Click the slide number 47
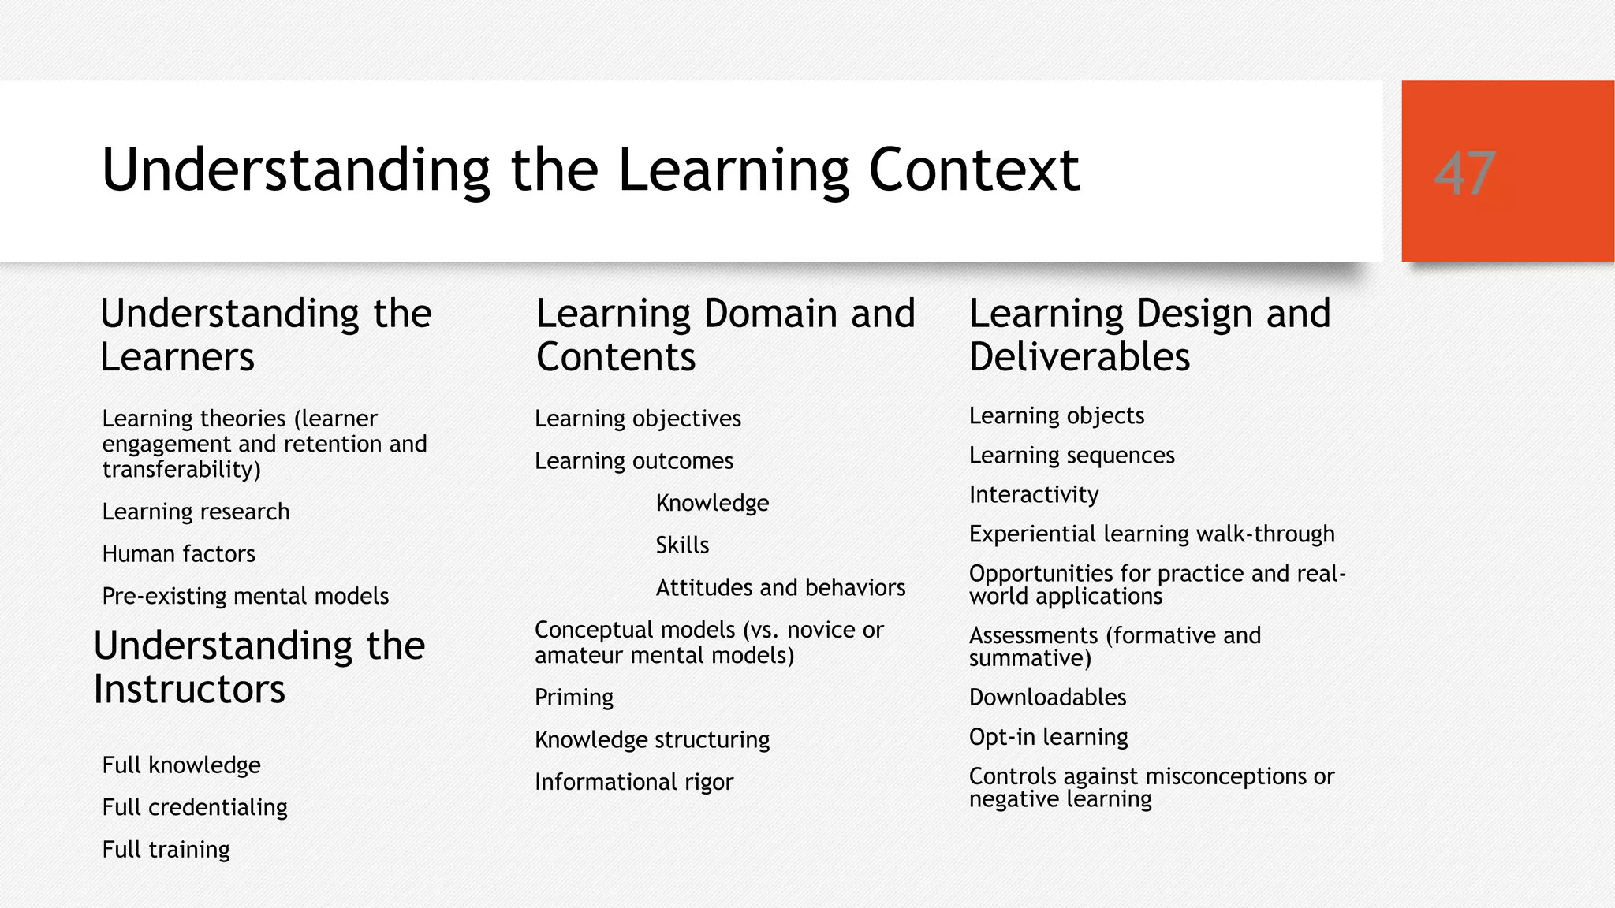tap(1464, 173)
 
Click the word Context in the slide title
tap(973, 170)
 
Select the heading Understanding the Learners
tap(266, 335)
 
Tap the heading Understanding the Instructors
tap(259, 667)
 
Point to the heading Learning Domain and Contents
tap(725, 335)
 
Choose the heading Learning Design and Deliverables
tap(1150, 335)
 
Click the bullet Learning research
tap(196, 512)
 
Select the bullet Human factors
tap(178, 554)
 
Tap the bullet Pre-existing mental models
tap(245, 596)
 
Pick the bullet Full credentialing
tap(195, 807)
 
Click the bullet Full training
tap(166, 850)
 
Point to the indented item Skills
tap(682, 545)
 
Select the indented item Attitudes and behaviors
tap(780, 588)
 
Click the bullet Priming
tap(573, 698)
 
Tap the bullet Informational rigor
tap(633, 782)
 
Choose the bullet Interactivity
tap(1033, 495)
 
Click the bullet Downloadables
tap(1047, 698)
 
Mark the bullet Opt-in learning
tap(1048, 737)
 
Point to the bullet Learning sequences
tap(1071, 456)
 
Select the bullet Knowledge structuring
tap(651, 739)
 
